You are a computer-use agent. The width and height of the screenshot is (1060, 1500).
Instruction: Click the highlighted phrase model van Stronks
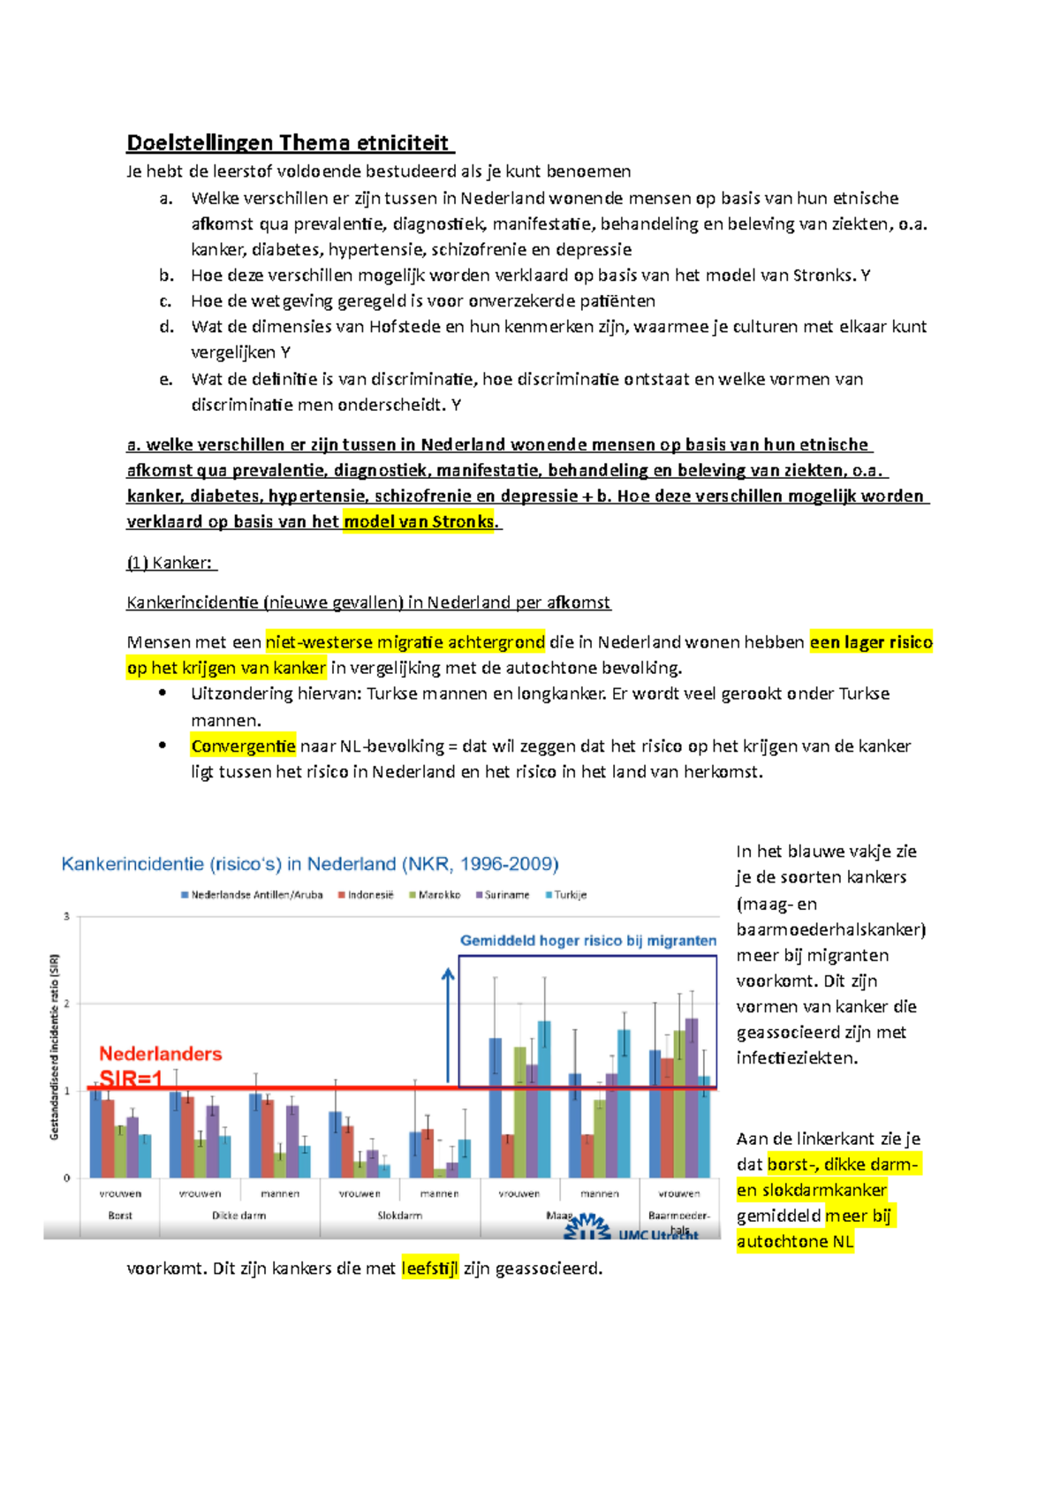coord(419,522)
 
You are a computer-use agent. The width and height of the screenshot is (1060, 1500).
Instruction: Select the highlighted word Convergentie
coord(243,746)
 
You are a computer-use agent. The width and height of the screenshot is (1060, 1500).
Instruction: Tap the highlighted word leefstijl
coord(430,1269)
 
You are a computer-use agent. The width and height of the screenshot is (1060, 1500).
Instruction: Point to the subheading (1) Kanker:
coord(171,563)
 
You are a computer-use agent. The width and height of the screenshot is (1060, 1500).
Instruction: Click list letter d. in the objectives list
coord(166,327)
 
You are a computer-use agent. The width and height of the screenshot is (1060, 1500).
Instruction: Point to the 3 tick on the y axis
coord(66,917)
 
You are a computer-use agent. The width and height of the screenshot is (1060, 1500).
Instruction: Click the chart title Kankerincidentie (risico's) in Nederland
coord(309,864)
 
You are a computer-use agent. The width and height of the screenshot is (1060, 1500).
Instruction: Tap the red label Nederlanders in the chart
coord(160,1054)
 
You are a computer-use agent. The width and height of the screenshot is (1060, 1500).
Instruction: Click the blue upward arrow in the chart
coord(448,1025)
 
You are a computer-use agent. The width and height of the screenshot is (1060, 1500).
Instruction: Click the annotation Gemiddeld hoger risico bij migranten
coord(587,941)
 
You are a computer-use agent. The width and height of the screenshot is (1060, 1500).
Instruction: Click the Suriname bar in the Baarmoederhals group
coord(692,1098)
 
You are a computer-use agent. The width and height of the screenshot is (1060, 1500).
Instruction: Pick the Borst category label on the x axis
coord(120,1216)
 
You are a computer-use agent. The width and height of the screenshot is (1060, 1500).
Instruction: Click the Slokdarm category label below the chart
coord(399,1216)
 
